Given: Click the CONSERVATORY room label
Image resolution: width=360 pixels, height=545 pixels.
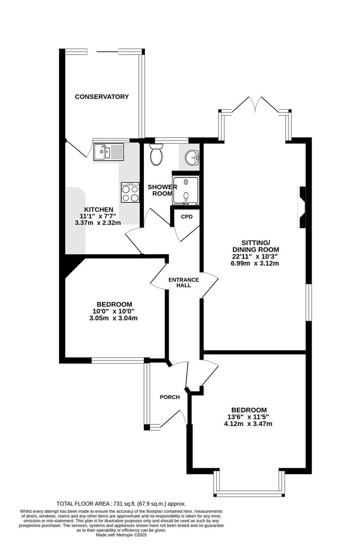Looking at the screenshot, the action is click(102, 96).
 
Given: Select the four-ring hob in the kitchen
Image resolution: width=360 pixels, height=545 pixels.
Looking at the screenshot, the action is click(130, 192).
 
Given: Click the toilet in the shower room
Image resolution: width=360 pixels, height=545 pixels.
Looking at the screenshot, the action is click(156, 154).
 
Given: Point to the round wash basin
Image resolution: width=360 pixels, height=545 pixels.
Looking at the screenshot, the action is click(192, 158).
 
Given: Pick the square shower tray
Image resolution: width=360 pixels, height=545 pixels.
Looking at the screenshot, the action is click(186, 190).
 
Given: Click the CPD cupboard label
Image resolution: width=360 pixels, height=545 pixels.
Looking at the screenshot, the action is click(187, 216).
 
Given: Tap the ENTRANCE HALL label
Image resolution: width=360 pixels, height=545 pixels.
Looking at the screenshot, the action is click(184, 283).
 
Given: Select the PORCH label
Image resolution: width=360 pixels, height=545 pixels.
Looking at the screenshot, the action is click(170, 397).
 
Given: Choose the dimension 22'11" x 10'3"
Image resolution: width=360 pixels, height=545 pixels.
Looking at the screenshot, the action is click(255, 256).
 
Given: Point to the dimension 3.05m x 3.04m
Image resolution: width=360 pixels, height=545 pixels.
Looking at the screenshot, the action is click(114, 318).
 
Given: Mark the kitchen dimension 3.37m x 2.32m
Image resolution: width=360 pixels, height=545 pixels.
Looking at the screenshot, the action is click(98, 223).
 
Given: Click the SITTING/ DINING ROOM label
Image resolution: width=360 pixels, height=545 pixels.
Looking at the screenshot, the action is click(255, 246).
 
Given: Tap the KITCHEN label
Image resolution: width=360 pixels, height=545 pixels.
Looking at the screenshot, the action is click(99, 209).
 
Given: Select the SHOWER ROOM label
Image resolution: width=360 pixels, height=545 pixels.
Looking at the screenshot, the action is click(162, 190).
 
